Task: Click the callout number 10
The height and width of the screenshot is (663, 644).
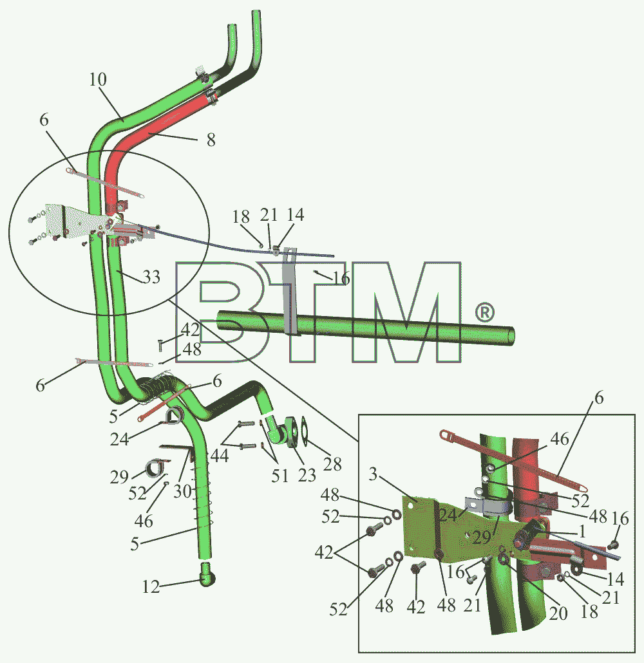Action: pos(98,79)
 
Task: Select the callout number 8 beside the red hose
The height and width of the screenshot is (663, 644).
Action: pos(211,140)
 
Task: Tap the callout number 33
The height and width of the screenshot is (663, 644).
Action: pos(151,277)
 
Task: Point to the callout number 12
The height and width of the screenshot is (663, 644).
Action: pos(151,587)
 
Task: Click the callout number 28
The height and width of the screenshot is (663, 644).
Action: pos(332,464)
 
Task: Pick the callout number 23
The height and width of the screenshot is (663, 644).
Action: pos(307,475)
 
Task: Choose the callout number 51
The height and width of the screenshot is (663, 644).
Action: pos(279,476)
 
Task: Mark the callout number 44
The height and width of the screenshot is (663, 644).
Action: pos(220,456)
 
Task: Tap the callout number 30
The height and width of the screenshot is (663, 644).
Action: pos(182,491)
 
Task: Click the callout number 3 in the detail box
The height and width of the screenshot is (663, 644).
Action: pos(373,474)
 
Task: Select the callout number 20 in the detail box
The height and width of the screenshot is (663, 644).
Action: pos(558,613)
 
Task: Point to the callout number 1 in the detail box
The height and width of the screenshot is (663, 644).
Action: pos(582,532)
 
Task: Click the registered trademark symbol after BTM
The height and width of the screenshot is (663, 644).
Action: pos(484,312)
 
